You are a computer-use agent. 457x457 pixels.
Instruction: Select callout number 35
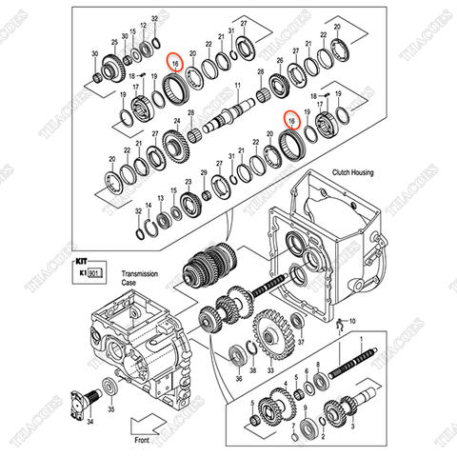click(111, 410)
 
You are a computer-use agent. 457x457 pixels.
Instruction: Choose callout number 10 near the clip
click(352, 322)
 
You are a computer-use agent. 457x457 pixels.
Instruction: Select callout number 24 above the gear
click(177, 121)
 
